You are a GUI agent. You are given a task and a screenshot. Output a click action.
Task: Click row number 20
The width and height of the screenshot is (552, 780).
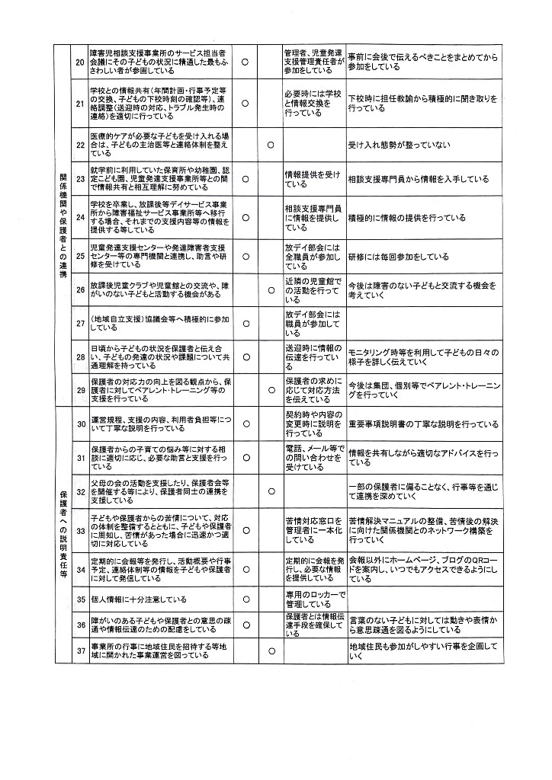tap(80, 62)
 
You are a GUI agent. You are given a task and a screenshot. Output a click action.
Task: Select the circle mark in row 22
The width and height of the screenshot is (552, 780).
tap(271, 143)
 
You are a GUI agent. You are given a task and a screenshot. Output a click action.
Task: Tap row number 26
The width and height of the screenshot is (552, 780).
tap(80, 289)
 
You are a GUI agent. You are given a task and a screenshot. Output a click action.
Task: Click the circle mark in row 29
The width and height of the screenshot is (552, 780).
tap(271, 392)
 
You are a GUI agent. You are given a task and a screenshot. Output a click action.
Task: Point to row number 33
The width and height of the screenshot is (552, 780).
tap(80, 532)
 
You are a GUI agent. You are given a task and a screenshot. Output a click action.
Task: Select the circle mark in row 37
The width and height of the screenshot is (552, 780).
tap(271, 651)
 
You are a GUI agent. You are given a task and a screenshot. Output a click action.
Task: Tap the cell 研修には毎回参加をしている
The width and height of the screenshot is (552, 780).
tap(398, 257)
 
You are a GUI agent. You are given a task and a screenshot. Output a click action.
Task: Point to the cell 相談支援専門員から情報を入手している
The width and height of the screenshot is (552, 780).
tap(418, 180)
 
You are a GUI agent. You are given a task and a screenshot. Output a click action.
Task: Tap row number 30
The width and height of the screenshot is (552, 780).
tap(80, 424)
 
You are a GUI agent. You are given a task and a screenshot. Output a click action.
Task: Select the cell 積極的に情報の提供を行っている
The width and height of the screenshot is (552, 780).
tap(406, 218)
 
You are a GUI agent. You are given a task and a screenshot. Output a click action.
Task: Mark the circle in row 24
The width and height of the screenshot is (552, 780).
tap(246, 218)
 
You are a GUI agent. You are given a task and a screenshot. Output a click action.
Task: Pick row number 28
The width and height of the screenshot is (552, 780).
tap(80, 356)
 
